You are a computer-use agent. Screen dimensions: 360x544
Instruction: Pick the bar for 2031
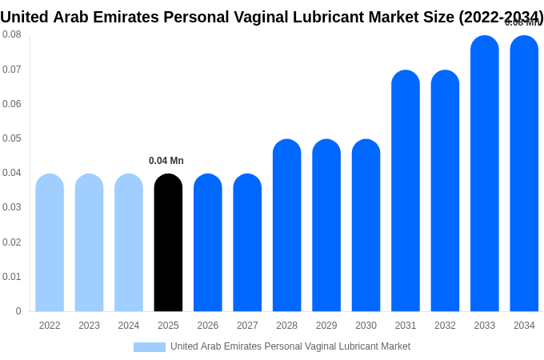(406, 191)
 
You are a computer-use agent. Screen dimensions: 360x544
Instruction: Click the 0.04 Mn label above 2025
(166, 161)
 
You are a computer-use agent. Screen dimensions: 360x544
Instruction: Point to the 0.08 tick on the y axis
(12, 34)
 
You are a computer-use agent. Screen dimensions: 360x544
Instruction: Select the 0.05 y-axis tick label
(12, 138)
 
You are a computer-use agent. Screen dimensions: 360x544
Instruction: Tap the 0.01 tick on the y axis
(12, 277)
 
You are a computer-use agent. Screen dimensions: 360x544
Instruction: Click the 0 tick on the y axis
(18, 311)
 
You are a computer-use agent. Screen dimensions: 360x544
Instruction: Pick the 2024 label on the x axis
(129, 326)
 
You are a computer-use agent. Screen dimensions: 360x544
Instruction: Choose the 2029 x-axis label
(326, 326)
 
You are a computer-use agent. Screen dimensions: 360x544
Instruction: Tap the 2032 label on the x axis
(445, 326)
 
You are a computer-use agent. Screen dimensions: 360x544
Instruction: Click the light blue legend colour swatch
(150, 347)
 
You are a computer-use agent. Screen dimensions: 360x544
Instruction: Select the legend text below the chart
(290, 346)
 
